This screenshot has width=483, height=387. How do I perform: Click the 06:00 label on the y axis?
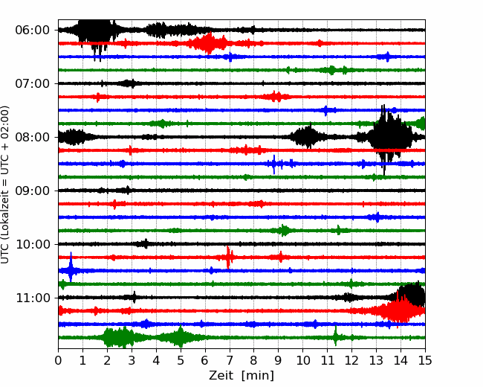pos(32,31)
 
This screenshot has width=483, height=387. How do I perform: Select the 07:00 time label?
pos(32,83)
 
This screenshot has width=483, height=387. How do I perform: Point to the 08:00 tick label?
pos(32,137)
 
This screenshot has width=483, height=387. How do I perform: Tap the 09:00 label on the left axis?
pos(32,191)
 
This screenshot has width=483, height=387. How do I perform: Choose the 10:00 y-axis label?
pos(32,244)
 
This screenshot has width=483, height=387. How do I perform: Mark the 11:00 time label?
pos(32,298)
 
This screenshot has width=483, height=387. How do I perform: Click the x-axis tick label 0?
pos(58,360)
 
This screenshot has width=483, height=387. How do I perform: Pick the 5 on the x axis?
pos(181,360)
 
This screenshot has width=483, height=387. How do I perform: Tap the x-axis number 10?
pos(302,360)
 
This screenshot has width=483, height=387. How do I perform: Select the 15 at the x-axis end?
pos(425,360)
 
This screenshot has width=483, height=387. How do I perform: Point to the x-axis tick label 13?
pos(376,360)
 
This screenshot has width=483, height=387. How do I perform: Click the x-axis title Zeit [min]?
pos(241,376)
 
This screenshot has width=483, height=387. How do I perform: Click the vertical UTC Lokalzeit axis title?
pos(5,185)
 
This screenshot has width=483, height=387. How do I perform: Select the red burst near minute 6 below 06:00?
pos(208,43)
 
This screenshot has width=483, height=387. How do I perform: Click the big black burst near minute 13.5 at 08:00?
pos(389,138)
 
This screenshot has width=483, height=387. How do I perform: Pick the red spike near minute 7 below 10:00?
pos(228,258)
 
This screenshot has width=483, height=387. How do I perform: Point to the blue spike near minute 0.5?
pos(71,267)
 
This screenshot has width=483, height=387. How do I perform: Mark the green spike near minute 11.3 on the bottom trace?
pos(336,336)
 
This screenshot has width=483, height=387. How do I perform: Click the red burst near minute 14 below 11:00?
pos(399,310)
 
